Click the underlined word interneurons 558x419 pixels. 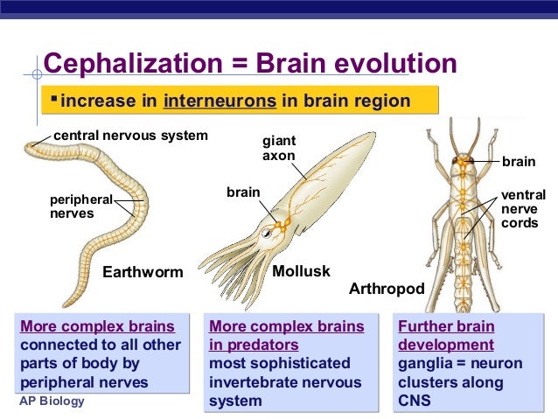pyautogui.click(x=220, y=101)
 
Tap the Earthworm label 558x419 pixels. pyautogui.click(x=143, y=272)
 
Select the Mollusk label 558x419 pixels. pyautogui.click(x=301, y=271)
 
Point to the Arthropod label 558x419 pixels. pyautogui.click(x=387, y=289)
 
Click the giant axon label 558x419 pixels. pyautogui.click(x=279, y=148)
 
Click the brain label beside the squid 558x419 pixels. pyautogui.click(x=244, y=191)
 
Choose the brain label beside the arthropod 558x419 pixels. pyautogui.click(x=520, y=162)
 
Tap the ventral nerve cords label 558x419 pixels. pyautogui.click(x=523, y=209)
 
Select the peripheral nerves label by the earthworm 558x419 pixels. pyautogui.click(x=80, y=206)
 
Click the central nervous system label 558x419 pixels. pyautogui.click(x=130, y=136)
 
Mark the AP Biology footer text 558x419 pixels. pyautogui.click(x=52, y=401)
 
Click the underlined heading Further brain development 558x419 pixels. pyautogui.click(x=446, y=336)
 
